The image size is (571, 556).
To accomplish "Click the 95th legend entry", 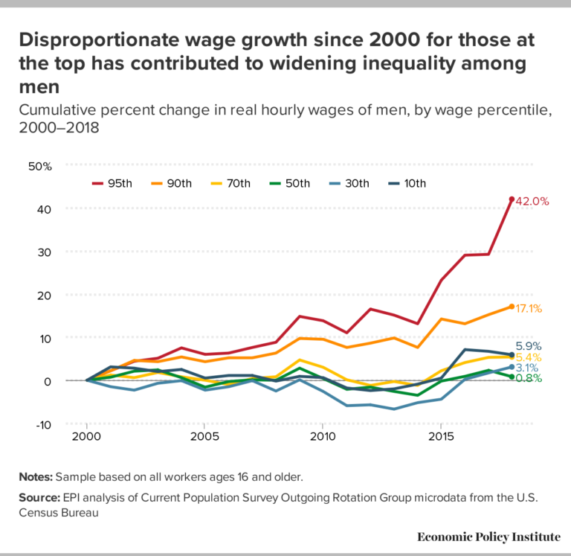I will click(x=111, y=183).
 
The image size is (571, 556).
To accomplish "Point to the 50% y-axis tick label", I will click(x=39, y=166).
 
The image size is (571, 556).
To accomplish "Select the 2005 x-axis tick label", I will click(x=204, y=435).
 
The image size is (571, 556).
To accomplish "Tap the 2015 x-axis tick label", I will click(x=442, y=435).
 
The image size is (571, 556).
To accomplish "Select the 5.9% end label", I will click(x=529, y=346).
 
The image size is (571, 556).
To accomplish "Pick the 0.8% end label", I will click(x=529, y=378).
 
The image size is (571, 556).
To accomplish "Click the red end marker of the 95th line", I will click(x=512, y=199).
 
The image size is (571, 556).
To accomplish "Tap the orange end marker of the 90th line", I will click(x=512, y=307).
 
